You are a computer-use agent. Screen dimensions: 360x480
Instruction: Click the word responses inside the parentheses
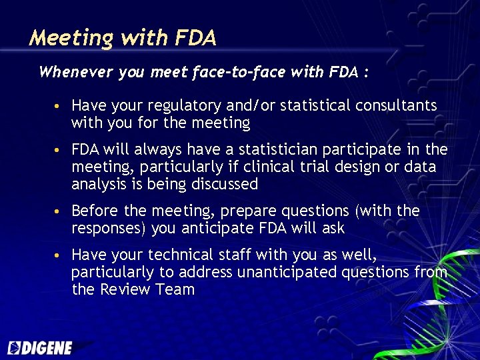click(x=107, y=229)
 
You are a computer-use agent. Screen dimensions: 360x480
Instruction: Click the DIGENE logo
click(x=40, y=347)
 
